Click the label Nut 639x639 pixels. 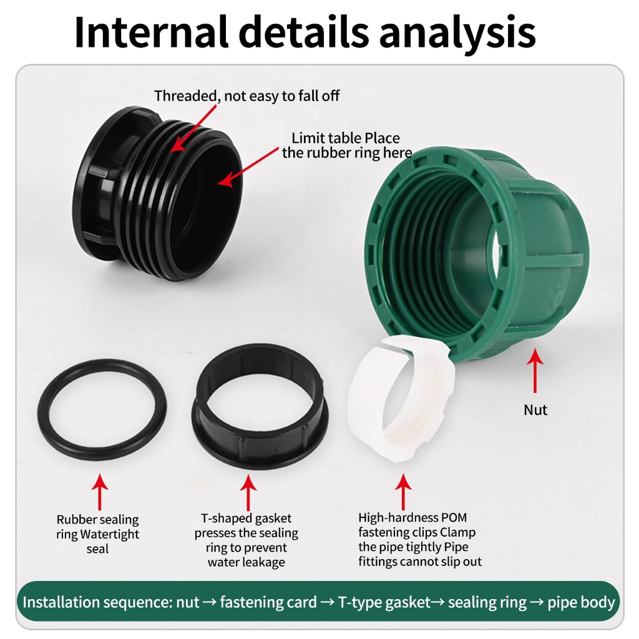(535, 410)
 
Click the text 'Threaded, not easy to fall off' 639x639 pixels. (247, 96)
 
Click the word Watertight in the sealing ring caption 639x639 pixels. (109, 535)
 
